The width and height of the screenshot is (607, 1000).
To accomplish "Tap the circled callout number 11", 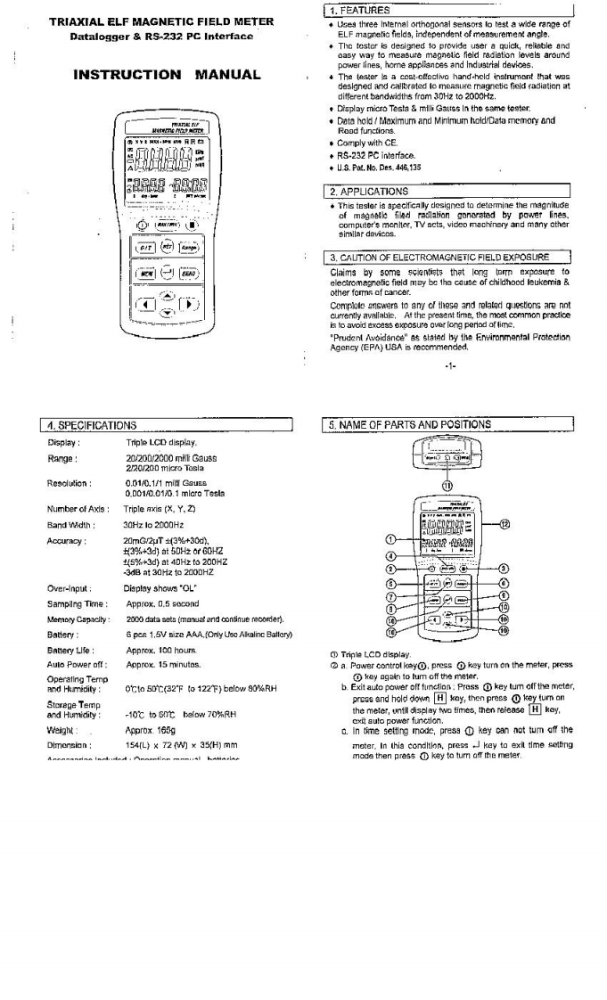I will (448, 485).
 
